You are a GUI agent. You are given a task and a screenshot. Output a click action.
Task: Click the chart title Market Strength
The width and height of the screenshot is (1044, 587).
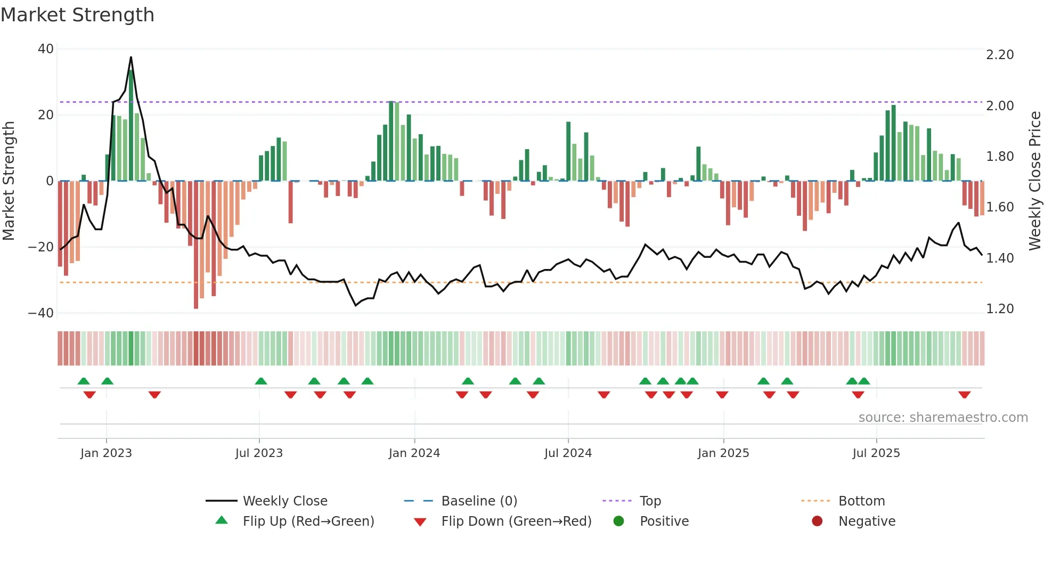[77, 15]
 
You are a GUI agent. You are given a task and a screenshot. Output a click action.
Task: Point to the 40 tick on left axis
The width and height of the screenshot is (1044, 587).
[46, 49]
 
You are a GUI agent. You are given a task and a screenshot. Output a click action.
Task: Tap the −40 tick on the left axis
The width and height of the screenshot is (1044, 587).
[41, 313]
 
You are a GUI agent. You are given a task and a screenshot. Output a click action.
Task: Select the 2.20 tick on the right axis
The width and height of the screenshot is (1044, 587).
[1000, 55]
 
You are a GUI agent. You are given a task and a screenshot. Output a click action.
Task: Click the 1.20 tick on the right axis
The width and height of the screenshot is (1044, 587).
[1000, 309]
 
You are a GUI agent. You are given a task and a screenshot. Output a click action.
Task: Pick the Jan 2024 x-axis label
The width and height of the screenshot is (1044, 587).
[414, 453]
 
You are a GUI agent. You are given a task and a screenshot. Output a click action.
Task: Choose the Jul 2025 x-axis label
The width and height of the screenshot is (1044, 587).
[876, 453]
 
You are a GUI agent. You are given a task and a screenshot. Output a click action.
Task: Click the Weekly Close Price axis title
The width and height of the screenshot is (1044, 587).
[1034, 181]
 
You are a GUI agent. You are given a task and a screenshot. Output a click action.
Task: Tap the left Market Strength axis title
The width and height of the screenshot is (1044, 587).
[9, 181]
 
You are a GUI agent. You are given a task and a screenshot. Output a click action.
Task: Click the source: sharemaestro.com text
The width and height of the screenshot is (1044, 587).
[943, 418]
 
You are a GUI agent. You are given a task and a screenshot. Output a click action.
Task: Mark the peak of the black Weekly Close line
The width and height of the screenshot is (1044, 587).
[131, 58]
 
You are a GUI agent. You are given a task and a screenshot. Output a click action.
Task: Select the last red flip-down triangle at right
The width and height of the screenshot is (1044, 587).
[964, 395]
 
